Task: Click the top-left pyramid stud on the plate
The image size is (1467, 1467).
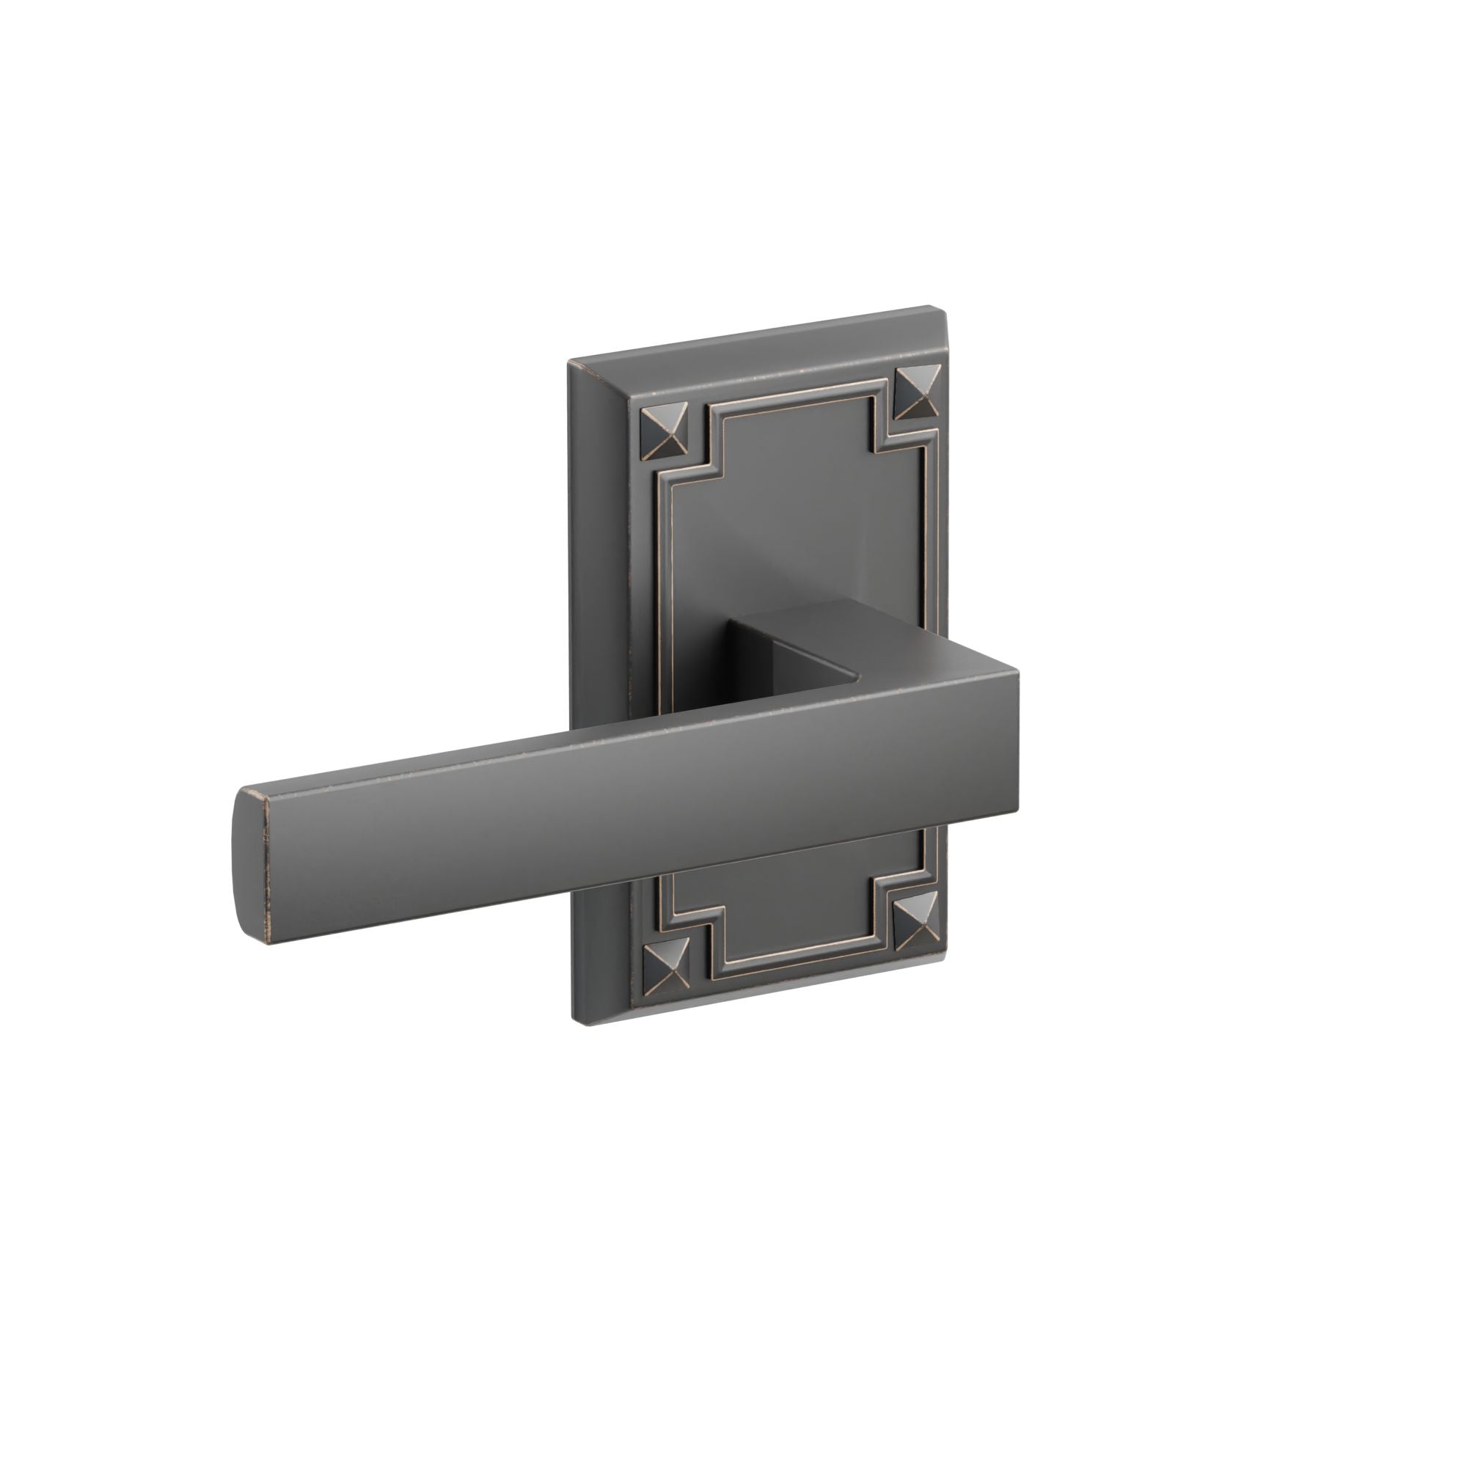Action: [x=665, y=432]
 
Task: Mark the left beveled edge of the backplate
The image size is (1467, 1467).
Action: [x=600, y=684]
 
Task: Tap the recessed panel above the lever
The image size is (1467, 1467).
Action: [x=797, y=516]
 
